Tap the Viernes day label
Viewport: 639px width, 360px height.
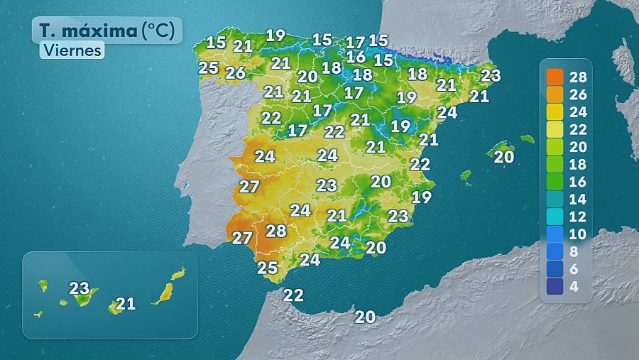(72, 50)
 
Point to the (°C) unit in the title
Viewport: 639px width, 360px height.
(161, 31)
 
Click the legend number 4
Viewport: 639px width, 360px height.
(574, 286)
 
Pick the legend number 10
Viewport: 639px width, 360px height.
(578, 234)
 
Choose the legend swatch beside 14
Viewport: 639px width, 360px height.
(555, 200)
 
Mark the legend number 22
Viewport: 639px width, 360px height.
(578, 129)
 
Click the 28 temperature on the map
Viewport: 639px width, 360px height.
(275, 231)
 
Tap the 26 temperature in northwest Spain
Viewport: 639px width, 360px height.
(236, 72)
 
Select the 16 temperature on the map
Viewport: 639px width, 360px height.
(356, 57)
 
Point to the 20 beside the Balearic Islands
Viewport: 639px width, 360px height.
(503, 158)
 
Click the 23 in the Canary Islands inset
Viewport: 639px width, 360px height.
(79, 288)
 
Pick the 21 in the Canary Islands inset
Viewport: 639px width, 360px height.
(126, 304)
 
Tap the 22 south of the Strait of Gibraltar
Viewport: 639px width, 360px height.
(293, 295)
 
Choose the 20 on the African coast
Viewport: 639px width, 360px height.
(365, 317)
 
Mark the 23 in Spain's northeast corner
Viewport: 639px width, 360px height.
(491, 75)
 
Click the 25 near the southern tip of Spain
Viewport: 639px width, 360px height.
(267, 268)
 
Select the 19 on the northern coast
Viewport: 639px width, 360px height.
(275, 35)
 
